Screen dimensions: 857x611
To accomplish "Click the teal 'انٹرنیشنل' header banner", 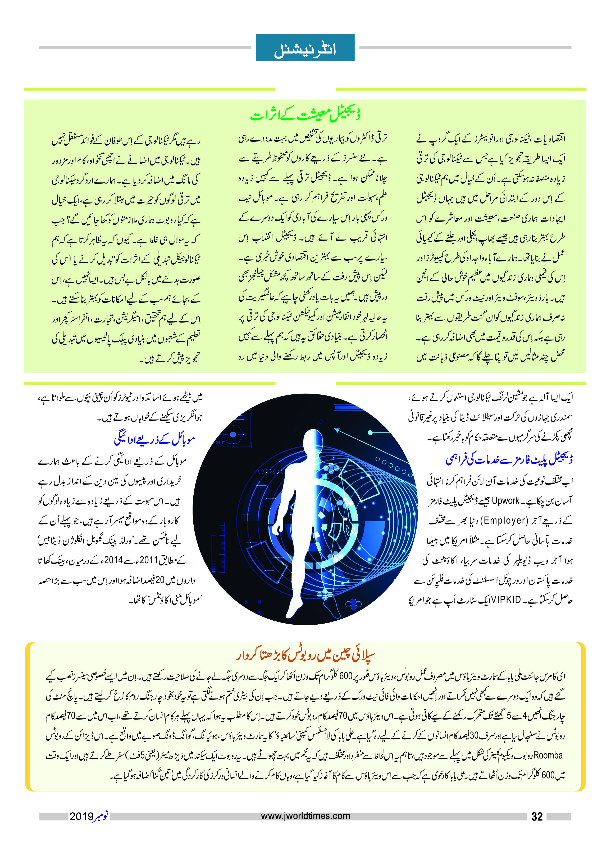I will click(x=305, y=48).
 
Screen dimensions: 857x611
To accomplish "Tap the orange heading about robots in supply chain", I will click(x=305, y=656).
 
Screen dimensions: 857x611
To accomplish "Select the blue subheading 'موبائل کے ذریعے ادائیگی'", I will click(x=154, y=439).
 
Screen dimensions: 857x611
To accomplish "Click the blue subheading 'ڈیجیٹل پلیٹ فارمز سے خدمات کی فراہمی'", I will click(x=509, y=459).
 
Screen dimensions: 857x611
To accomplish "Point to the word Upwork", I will click(x=505, y=501).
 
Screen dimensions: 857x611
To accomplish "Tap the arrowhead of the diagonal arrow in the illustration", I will click(x=336, y=430).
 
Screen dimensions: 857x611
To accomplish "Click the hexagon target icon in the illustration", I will click(x=232, y=435).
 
